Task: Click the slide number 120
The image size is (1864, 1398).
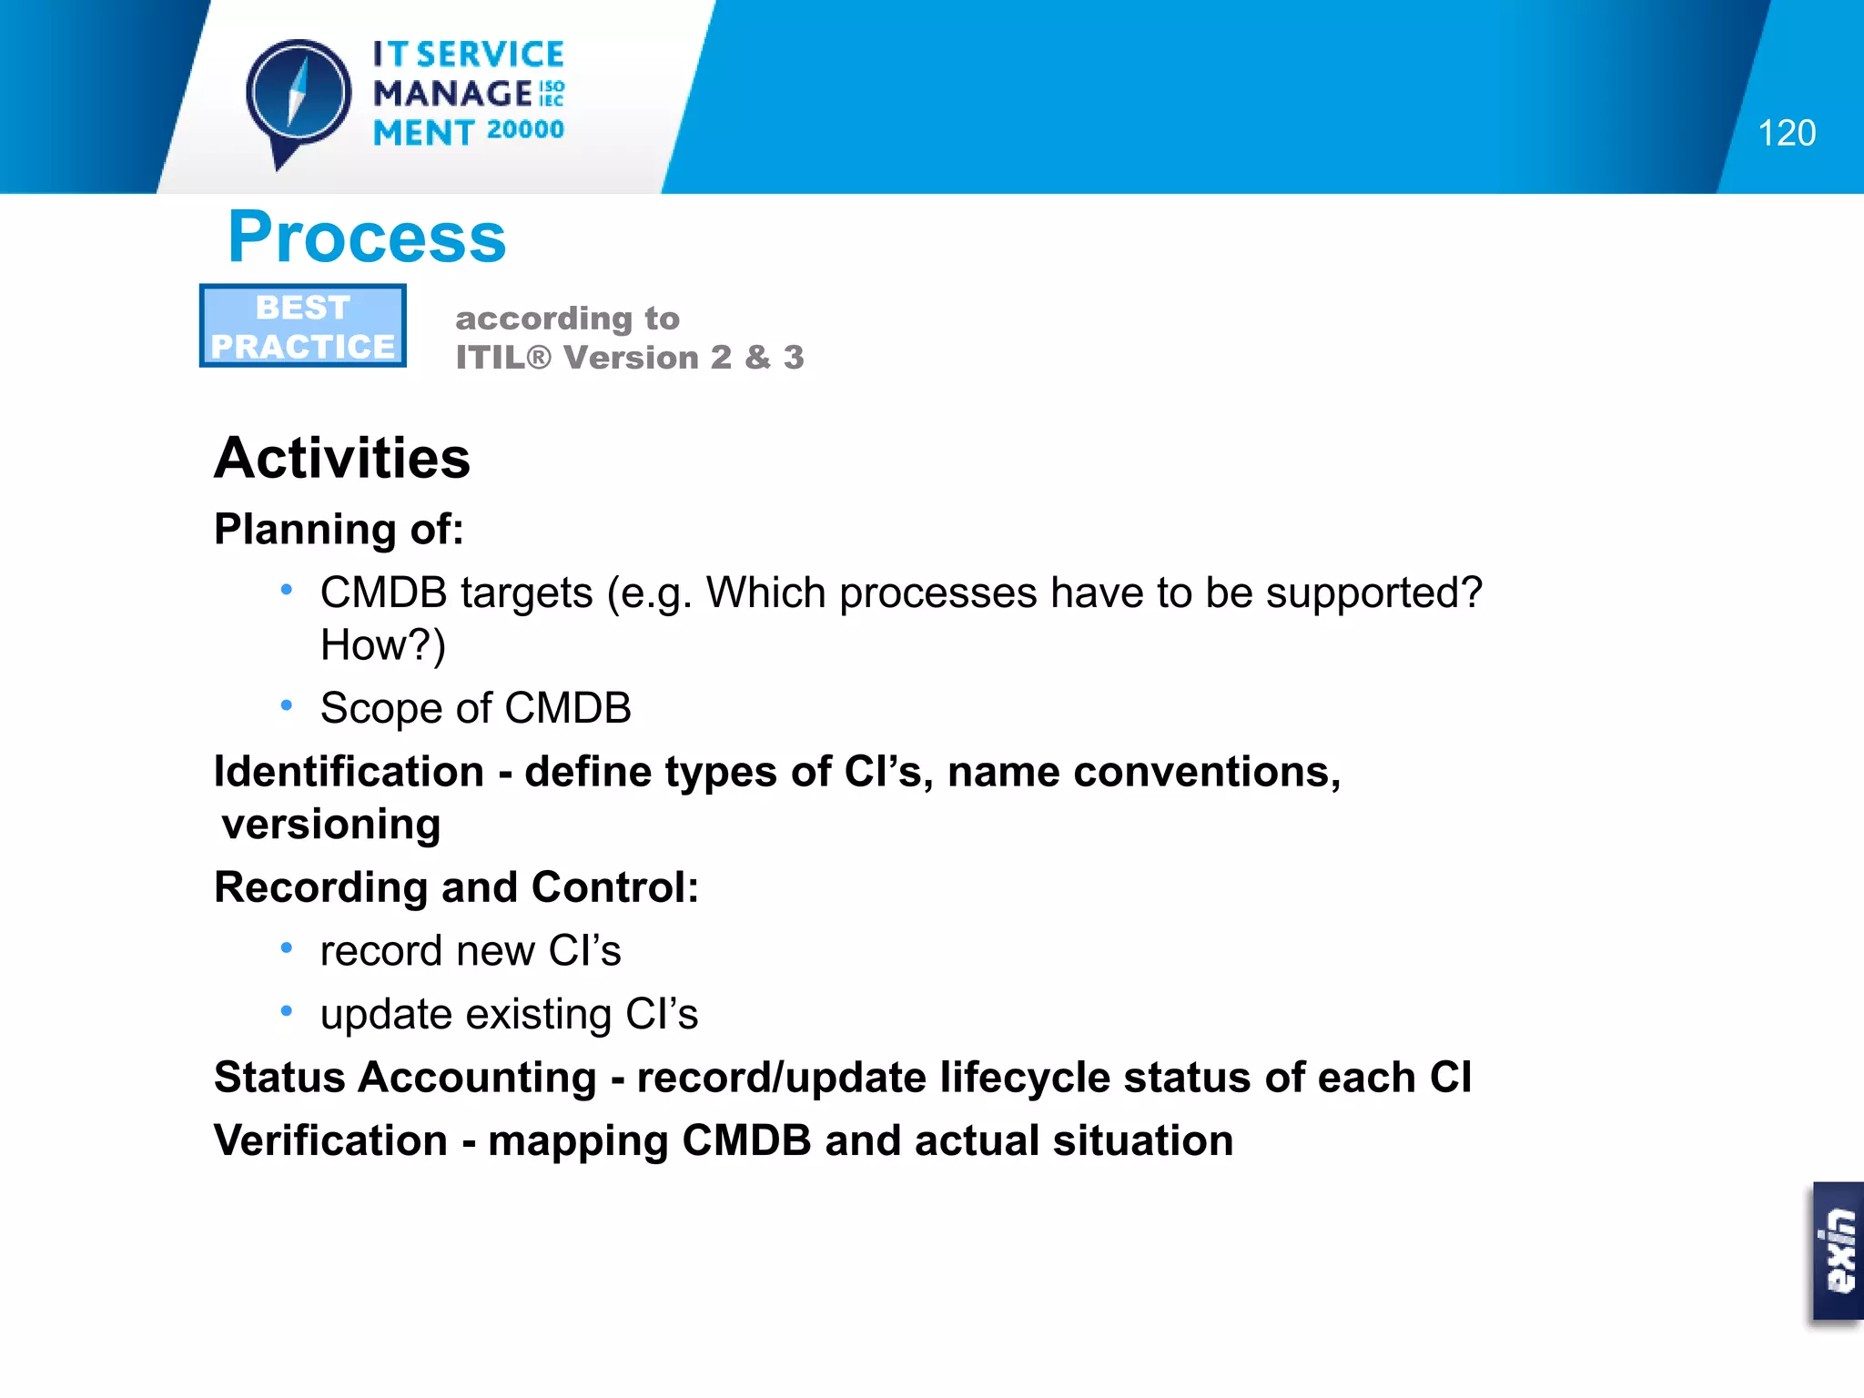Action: pos(1786,134)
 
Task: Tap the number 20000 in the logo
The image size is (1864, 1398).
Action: pos(525,130)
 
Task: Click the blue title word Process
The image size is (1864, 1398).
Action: pos(366,238)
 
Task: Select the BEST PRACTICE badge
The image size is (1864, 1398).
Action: pos(303,326)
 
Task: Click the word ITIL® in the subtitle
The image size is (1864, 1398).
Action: pos(502,358)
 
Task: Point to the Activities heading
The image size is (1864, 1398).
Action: pos(342,458)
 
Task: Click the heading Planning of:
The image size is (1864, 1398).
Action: pos(339,530)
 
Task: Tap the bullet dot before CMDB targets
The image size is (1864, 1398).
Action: pos(287,591)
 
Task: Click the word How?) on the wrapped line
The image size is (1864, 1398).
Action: pos(383,645)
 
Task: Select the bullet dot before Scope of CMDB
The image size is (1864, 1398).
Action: pos(287,705)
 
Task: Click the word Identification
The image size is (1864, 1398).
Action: pos(349,772)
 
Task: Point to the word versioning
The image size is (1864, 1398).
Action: pos(331,825)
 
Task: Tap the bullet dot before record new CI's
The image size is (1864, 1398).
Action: pos(287,948)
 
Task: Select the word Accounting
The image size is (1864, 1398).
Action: pos(477,1078)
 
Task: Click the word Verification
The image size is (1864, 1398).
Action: pos(330,1140)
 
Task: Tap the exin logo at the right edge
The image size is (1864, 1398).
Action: pos(1838,1251)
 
